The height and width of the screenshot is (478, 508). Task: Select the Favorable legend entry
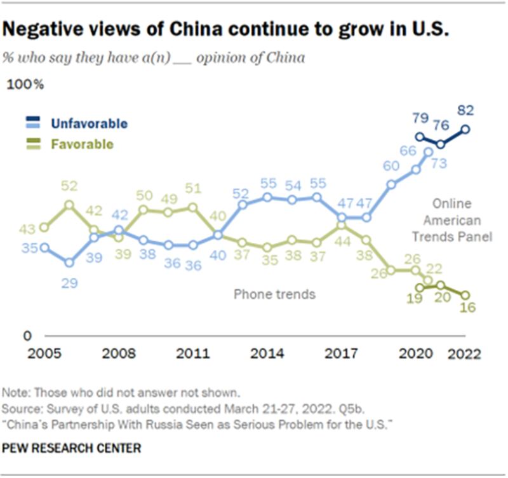(x=82, y=144)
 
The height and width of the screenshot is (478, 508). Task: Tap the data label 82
(x=465, y=110)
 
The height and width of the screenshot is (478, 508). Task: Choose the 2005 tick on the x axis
(x=43, y=353)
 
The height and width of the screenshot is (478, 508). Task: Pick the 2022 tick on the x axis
(x=465, y=353)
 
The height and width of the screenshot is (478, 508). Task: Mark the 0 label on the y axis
(x=27, y=335)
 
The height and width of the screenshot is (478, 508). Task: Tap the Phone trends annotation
(x=275, y=294)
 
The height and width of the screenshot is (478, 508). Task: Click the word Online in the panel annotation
(x=452, y=204)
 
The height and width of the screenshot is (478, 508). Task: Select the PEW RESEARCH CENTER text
(x=71, y=449)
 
